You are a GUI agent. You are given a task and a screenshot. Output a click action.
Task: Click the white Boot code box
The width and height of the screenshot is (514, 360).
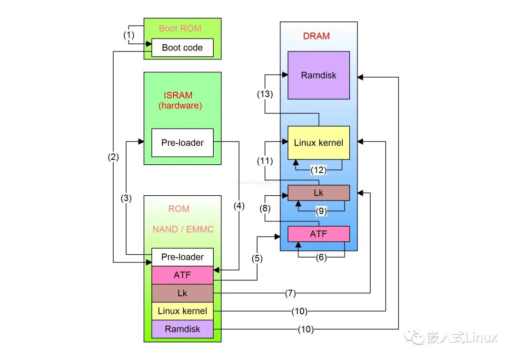tap(182, 48)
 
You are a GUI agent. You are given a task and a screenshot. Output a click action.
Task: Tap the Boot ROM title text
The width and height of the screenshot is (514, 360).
tap(180, 29)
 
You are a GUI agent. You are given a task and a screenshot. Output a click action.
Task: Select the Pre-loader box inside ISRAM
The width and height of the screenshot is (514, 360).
tap(182, 142)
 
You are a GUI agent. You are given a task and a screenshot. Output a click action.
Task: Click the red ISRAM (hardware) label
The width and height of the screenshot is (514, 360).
tap(180, 100)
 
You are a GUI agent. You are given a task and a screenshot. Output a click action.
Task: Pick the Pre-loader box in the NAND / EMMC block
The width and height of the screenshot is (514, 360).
tap(182, 257)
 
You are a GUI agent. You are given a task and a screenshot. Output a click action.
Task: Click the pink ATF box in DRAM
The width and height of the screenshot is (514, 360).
tap(318, 234)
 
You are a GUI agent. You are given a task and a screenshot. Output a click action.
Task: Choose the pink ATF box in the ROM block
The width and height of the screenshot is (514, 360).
tap(182, 275)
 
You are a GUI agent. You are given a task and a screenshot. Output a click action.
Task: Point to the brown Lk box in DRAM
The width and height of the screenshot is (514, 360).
tap(318, 193)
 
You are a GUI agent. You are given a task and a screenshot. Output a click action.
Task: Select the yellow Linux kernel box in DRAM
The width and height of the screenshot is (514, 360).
tap(318, 142)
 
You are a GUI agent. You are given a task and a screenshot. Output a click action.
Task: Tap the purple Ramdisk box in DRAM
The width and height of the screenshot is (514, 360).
tap(318, 75)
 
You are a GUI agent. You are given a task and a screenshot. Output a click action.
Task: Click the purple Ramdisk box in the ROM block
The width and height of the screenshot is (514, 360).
tap(182, 329)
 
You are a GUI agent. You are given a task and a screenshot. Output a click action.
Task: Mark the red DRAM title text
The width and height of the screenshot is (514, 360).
tap(316, 36)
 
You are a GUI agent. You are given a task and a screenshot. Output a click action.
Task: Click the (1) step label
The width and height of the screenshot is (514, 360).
tap(129, 35)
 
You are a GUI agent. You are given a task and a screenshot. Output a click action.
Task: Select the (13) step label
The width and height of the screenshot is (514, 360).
tap(265, 94)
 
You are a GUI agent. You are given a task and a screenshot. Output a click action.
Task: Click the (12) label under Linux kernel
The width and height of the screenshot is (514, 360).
tap(318, 170)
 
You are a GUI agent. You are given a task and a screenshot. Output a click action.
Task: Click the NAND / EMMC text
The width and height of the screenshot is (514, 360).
tap(183, 230)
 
